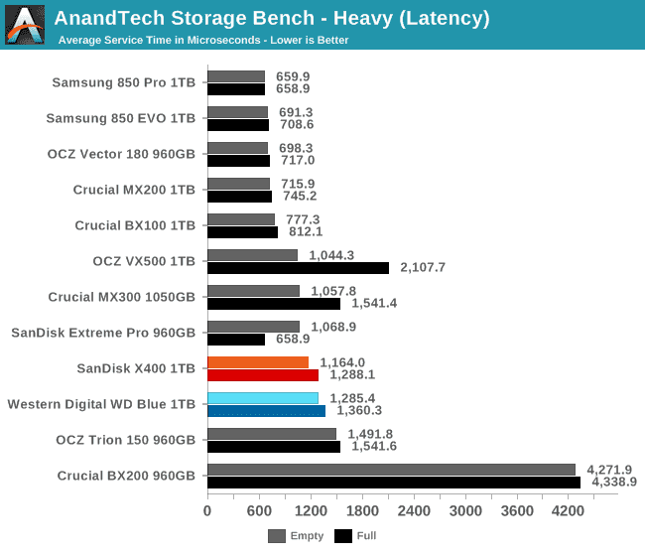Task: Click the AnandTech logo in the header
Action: (x=25, y=25)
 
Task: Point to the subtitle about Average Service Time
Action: (x=203, y=41)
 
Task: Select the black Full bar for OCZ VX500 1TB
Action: (x=298, y=267)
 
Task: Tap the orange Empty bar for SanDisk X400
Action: (x=258, y=362)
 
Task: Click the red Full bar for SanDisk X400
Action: (x=263, y=375)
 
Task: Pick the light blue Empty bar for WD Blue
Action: (x=263, y=398)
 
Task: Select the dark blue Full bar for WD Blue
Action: (x=266, y=411)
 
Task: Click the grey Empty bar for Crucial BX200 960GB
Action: (x=391, y=470)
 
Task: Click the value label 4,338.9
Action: (x=614, y=483)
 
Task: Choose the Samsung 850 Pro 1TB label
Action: (x=124, y=82)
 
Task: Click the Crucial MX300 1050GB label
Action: (x=122, y=297)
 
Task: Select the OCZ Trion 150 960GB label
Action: (x=125, y=440)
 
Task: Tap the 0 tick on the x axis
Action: (x=207, y=511)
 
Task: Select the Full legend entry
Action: (x=355, y=536)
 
